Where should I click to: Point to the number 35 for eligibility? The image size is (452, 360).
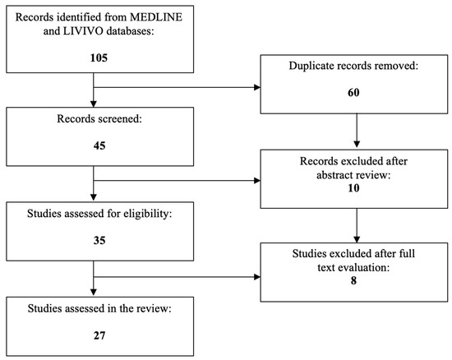click(x=95, y=242)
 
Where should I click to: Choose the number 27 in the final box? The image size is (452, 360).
click(x=95, y=335)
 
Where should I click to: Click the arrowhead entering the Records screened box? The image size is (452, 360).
click(x=95, y=107)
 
